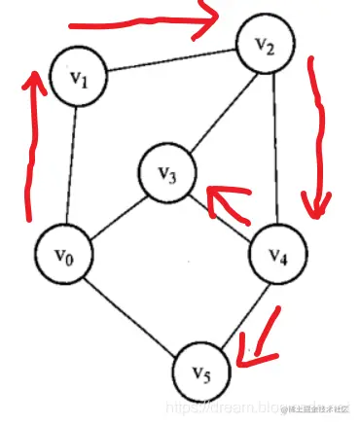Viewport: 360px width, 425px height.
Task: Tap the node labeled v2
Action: pos(266,46)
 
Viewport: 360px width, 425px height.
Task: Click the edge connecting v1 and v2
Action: pos(173,63)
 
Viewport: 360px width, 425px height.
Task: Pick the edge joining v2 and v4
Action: pos(273,151)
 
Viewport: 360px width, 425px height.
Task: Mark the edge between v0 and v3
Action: pos(117,215)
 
